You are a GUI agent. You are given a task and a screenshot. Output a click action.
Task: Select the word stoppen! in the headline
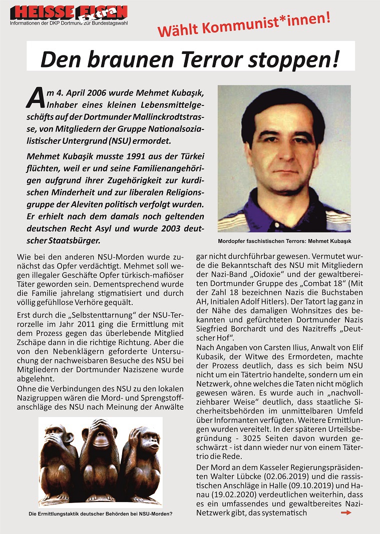(x=290, y=59)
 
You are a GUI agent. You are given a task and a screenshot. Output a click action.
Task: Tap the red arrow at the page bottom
(x=345, y=512)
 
